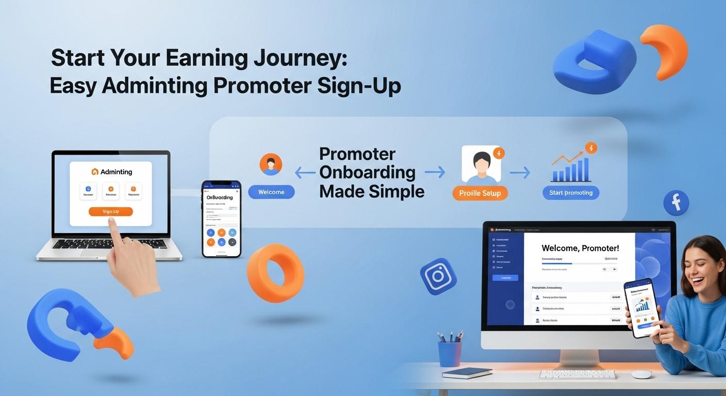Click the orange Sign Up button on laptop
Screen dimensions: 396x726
click(110, 211)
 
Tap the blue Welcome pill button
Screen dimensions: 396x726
click(271, 192)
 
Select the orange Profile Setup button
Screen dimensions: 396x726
click(480, 193)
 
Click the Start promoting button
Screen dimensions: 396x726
click(571, 193)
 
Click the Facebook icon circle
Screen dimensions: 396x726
click(676, 202)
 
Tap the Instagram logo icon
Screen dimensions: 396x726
click(438, 276)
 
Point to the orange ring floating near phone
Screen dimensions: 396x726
click(275, 273)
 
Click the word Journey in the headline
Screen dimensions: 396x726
click(301, 58)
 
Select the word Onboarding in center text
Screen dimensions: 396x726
click(367, 172)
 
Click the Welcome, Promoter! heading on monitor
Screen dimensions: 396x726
click(580, 248)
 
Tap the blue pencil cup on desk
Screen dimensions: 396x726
click(450, 353)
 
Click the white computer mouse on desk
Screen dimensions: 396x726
click(641, 374)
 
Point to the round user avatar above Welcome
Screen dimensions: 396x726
click(271, 164)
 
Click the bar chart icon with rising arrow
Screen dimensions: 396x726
click(571, 164)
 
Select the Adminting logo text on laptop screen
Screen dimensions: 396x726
click(115, 172)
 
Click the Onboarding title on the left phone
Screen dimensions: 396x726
click(219, 197)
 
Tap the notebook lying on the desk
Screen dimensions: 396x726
click(467, 373)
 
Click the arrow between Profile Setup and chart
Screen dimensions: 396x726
click(520, 173)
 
